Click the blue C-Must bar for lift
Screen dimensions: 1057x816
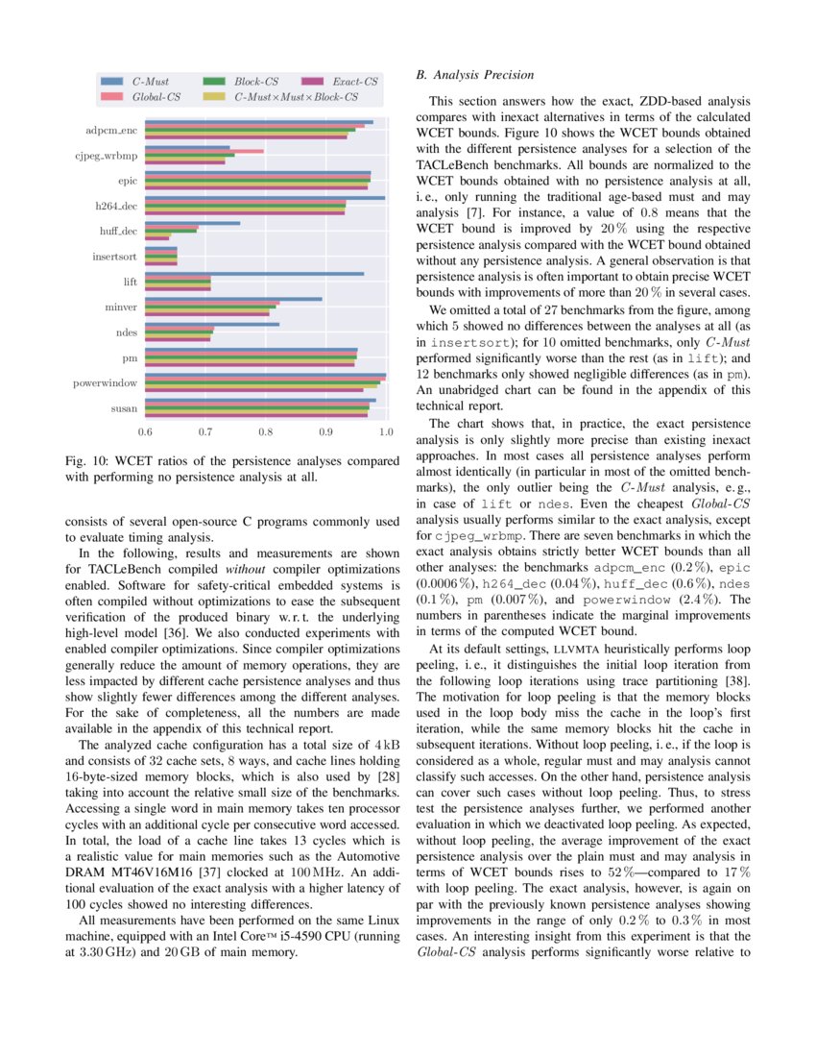pos(254,274)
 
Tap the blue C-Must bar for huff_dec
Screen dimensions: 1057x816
pos(193,223)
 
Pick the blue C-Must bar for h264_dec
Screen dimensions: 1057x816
pos(265,198)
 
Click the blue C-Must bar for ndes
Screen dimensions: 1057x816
pos(212,324)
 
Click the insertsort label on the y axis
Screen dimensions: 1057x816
pos(114,257)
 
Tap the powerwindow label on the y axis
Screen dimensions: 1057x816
pos(105,383)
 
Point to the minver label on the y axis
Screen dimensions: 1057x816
pos(121,307)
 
